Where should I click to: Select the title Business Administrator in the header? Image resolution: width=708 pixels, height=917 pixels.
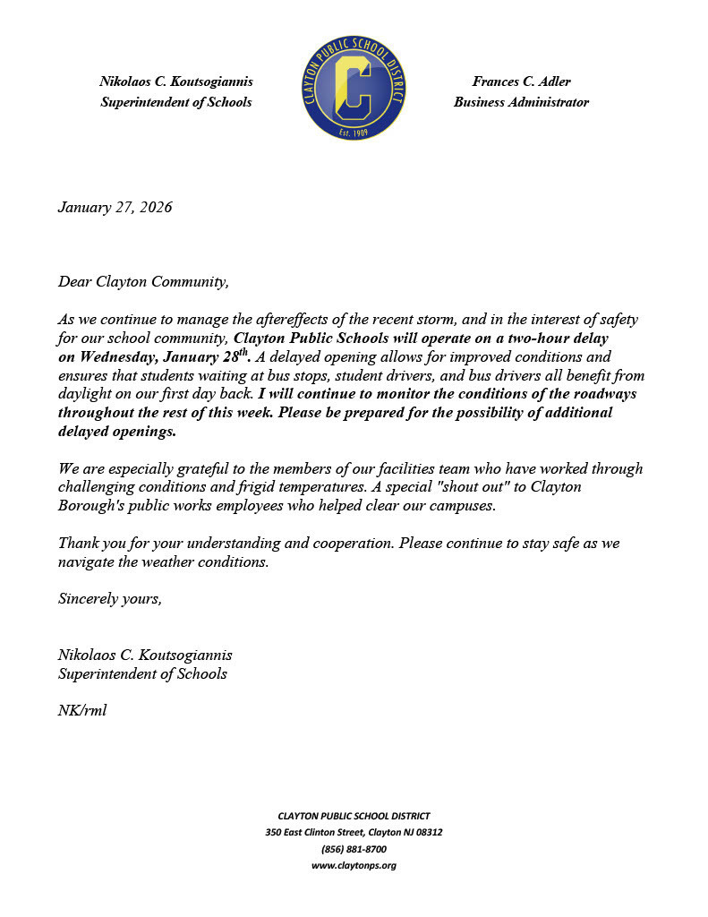(521, 102)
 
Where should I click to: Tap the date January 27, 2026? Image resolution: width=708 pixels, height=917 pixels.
(115, 208)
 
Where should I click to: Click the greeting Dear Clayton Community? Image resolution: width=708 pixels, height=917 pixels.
(143, 282)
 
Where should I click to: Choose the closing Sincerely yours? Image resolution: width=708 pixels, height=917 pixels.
(109, 598)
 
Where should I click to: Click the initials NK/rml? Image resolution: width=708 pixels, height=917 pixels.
(82, 710)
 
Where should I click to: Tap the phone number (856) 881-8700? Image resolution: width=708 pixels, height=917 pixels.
(354, 849)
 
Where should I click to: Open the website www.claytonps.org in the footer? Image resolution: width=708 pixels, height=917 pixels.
(354, 865)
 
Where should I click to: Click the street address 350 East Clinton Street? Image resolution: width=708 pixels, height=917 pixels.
(320, 833)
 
